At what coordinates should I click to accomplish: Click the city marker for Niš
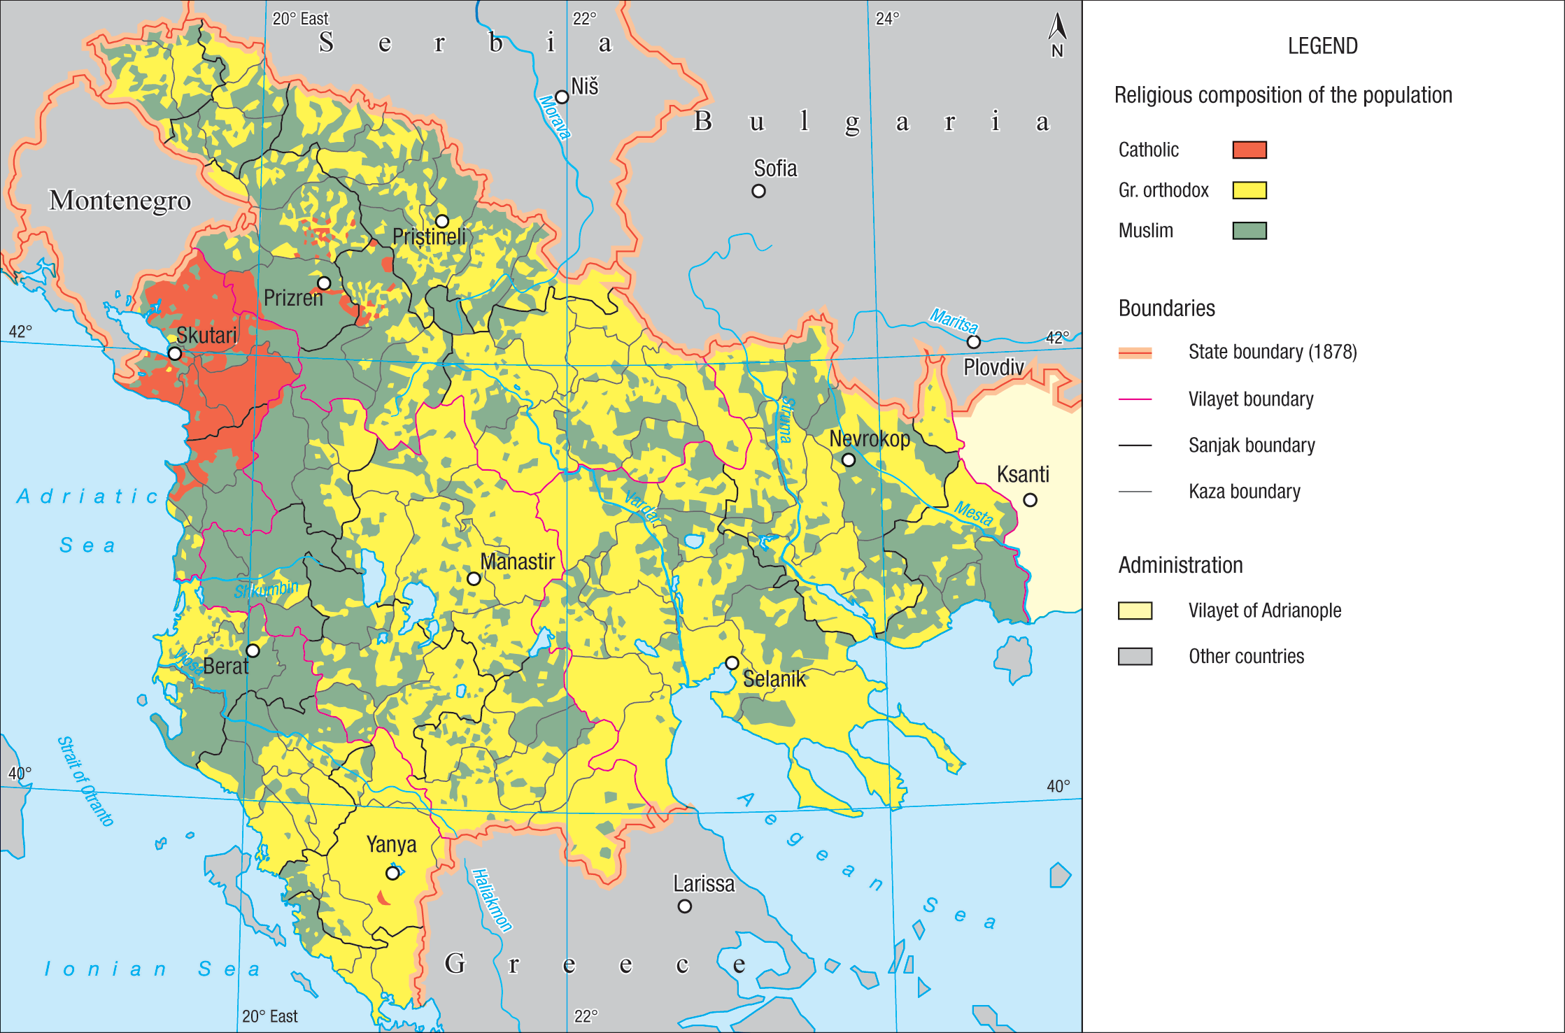click(562, 97)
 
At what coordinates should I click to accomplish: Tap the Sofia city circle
click(758, 191)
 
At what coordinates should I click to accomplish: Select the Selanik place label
click(774, 679)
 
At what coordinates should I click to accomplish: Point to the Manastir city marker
click(474, 579)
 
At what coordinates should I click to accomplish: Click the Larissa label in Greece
click(704, 884)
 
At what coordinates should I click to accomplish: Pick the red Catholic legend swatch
click(1249, 150)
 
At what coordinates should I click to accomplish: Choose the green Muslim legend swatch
click(1249, 231)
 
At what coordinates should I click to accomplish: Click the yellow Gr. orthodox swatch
click(1249, 190)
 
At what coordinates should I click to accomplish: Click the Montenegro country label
click(120, 201)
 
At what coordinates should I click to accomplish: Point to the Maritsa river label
click(953, 321)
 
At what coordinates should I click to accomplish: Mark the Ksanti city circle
click(1030, 500)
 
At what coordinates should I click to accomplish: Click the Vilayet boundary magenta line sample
click(1135, 399)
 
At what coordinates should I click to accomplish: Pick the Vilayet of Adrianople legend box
click(1135, 611)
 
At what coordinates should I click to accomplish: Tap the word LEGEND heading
click(1322, 46)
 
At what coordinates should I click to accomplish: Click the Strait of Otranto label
click(85, 781)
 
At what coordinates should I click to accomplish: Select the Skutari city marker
click(175, 354)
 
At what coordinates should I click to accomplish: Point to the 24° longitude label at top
click(887, 19)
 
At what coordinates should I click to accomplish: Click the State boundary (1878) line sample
click(1135, 352)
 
